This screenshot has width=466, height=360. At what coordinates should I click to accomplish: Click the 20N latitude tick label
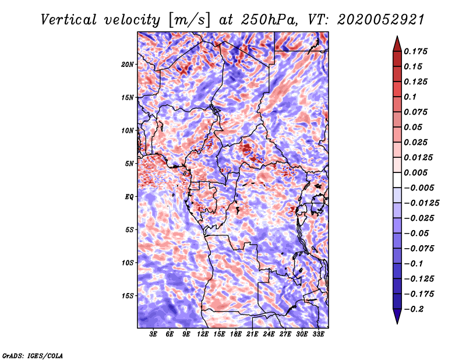click(x=128, y=64)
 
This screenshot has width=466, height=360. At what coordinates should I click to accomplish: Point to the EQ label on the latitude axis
click(x=129, y=196)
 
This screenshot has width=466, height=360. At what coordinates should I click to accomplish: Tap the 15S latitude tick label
click(x=128, y=295)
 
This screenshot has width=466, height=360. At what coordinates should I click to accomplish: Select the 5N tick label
click(x=129, y=163)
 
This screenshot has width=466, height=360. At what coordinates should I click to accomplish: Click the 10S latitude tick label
click(x=128, y=262)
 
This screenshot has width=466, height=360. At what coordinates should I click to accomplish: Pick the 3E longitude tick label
click(x=154, y=334)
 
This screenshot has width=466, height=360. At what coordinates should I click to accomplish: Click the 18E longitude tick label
click(x=236, y=334)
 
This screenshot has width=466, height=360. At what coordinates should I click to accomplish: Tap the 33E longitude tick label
click(x=318, y=334)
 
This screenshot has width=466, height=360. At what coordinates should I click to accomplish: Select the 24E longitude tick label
click(x=269, y=334)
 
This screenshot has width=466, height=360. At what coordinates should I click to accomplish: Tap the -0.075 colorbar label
click(x=419, y=248)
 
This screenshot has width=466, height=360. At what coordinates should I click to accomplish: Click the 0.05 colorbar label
click(x=414, y=127)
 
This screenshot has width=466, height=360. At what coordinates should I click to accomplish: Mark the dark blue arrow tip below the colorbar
click(x=396, y=319)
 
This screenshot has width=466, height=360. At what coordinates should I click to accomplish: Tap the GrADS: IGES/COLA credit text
click(x=32, y=355)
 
